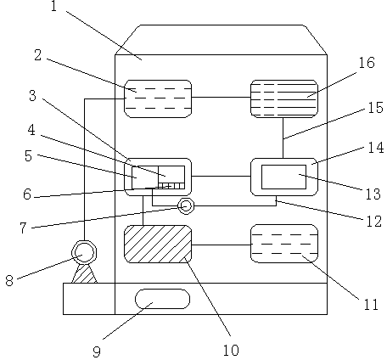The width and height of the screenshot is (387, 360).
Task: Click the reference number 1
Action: (x=53, y=6)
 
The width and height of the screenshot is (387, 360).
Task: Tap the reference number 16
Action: (x=367, y=63)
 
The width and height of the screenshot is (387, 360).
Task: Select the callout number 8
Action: (x=9, y=281)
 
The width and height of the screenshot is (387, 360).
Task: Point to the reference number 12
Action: (x=374, y=221)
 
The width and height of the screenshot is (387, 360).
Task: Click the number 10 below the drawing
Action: (x=231, y=351)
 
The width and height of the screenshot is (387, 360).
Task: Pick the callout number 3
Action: (x=32, y=96)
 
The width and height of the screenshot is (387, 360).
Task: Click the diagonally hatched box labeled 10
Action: (x=158, y=244)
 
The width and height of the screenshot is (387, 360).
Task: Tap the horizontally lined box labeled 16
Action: (x=284, y=98)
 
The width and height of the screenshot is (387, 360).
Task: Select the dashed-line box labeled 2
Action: (x=158, y=98)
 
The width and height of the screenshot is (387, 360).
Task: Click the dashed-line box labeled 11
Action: (x=284, y=244)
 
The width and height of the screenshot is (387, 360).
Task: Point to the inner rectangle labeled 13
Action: (x=283, y=177)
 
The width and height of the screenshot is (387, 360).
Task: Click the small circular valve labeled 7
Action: (x=186, y=205)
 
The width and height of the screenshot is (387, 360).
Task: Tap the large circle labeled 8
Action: (x=84, y=252)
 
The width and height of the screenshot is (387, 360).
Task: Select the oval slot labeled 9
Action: (x=162, y=299)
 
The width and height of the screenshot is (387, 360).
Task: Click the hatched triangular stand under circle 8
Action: (x=84, y=274)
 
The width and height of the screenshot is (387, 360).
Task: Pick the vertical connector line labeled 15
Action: (x=283, y=138)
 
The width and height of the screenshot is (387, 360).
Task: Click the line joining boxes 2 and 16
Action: (x=221, y=97)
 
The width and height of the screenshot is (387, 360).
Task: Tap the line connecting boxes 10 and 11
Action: (x=222, y=245)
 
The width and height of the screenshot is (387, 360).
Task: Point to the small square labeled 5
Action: (x=145, y=177)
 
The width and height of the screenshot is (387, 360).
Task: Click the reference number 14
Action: (x=376, y=148)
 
